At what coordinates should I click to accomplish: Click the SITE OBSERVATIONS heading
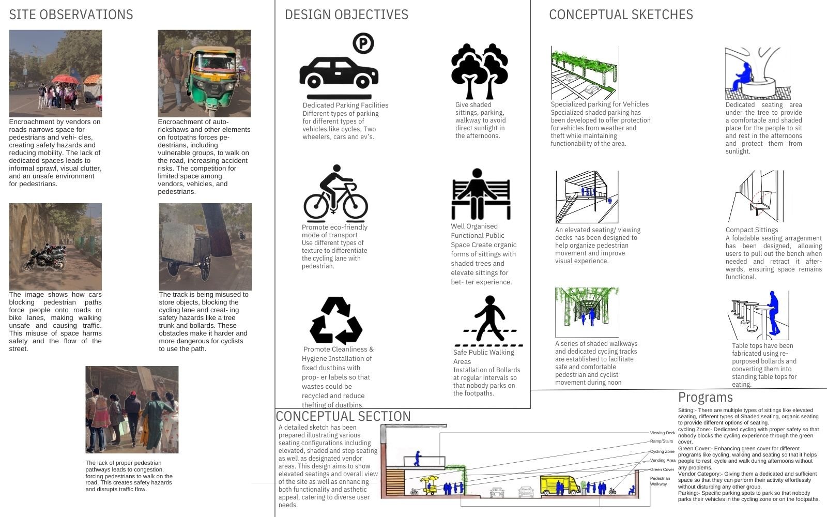(x=71, y=15)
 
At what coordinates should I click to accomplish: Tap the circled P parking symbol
(x=363, y=43)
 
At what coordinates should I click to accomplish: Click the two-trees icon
(x=480, y=71)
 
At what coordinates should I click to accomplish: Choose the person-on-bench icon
(x=481, y=194)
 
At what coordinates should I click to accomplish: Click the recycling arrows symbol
(x=336, y=320)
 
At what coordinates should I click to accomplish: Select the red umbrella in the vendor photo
(x=65, y=79)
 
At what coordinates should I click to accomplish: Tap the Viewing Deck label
(x=663, y=433)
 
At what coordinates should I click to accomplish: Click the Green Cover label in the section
(x=662, y=470)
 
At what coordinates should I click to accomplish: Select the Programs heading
(x=705, y=398)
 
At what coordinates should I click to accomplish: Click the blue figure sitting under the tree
(x=743, y=77)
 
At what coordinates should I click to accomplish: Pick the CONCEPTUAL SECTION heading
(x=343, y=416)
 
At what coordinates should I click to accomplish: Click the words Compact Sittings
(x=752, y=230)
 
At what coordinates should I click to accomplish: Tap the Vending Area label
(x=663, y=461)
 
